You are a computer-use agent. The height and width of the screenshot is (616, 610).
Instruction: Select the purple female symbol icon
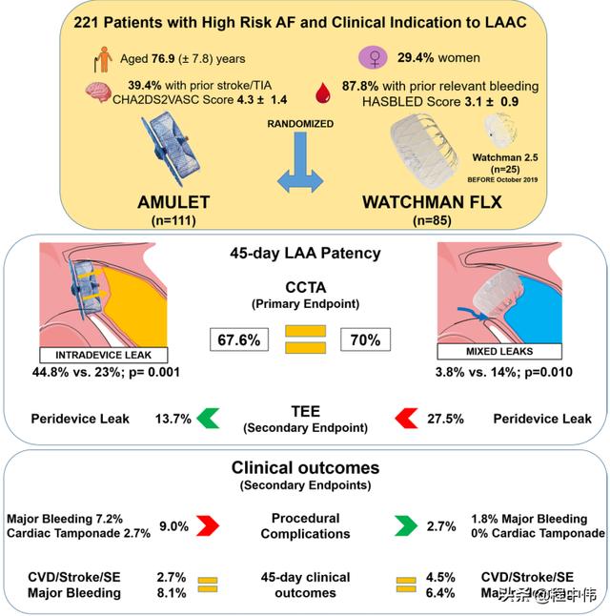coord(376,59)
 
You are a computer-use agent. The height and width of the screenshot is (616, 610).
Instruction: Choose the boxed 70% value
coord(363,339)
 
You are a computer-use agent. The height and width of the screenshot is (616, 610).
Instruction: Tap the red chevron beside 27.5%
coord(406,418)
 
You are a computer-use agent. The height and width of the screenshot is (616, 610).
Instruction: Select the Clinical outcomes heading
coord(305,468)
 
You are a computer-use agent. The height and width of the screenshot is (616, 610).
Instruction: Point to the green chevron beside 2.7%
coord(406,524)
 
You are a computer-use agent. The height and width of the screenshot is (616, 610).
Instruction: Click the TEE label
coord(305,410)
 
